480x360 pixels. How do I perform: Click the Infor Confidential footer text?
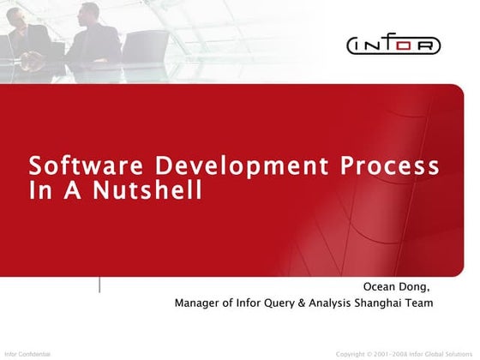point(27,353)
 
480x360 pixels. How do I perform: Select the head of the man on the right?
point(89,12)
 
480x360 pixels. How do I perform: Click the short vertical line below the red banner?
point(100,285)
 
